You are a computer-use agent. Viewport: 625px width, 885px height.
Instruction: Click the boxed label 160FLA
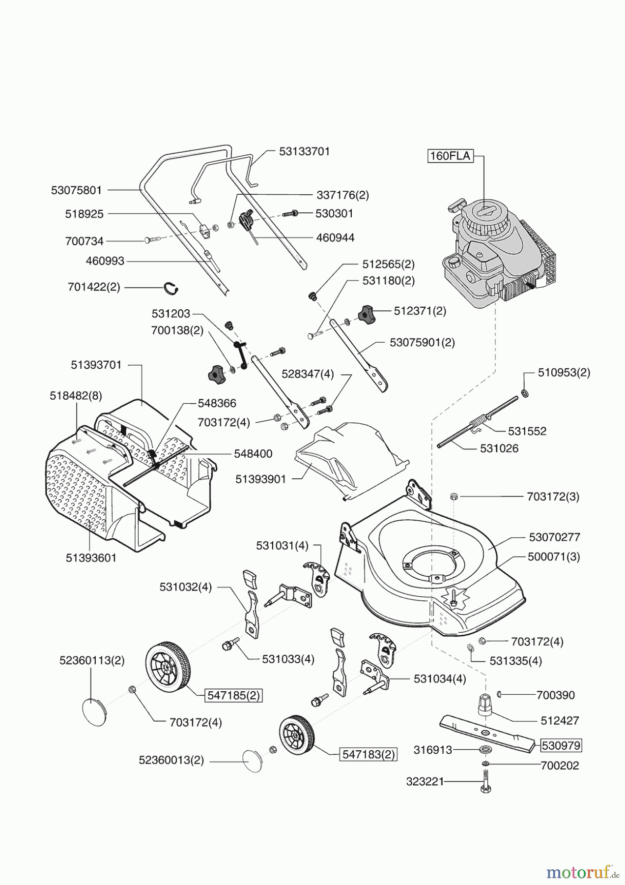coord(450,156)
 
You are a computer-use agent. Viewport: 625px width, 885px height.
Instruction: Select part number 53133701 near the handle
coord(304,151)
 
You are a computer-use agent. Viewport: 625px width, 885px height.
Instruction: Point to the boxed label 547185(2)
coord(233,695)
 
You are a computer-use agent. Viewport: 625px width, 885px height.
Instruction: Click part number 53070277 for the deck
coord(554,537)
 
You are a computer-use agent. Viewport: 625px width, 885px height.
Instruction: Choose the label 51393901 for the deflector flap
coord(260,479)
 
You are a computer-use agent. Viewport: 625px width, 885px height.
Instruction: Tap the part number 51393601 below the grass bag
coord(91,558)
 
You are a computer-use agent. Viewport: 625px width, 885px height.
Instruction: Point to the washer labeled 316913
coord(486,749)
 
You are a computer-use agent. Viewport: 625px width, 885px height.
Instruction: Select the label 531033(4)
coord(288,659)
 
